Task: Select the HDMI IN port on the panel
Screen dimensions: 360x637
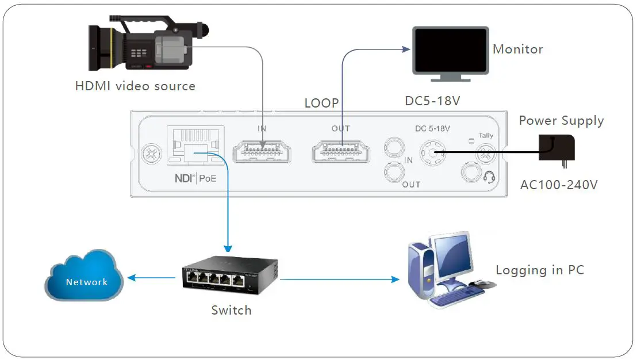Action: (x=262, y=152)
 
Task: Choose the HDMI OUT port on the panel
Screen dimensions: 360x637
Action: (x=341, y=152)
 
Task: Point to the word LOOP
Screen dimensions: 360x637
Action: (x=321, y=103)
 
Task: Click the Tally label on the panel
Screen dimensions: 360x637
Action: (x=486, y=136)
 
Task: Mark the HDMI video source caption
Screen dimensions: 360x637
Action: (x=135, y=86)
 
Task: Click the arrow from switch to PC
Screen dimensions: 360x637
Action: (x=339, y=279)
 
